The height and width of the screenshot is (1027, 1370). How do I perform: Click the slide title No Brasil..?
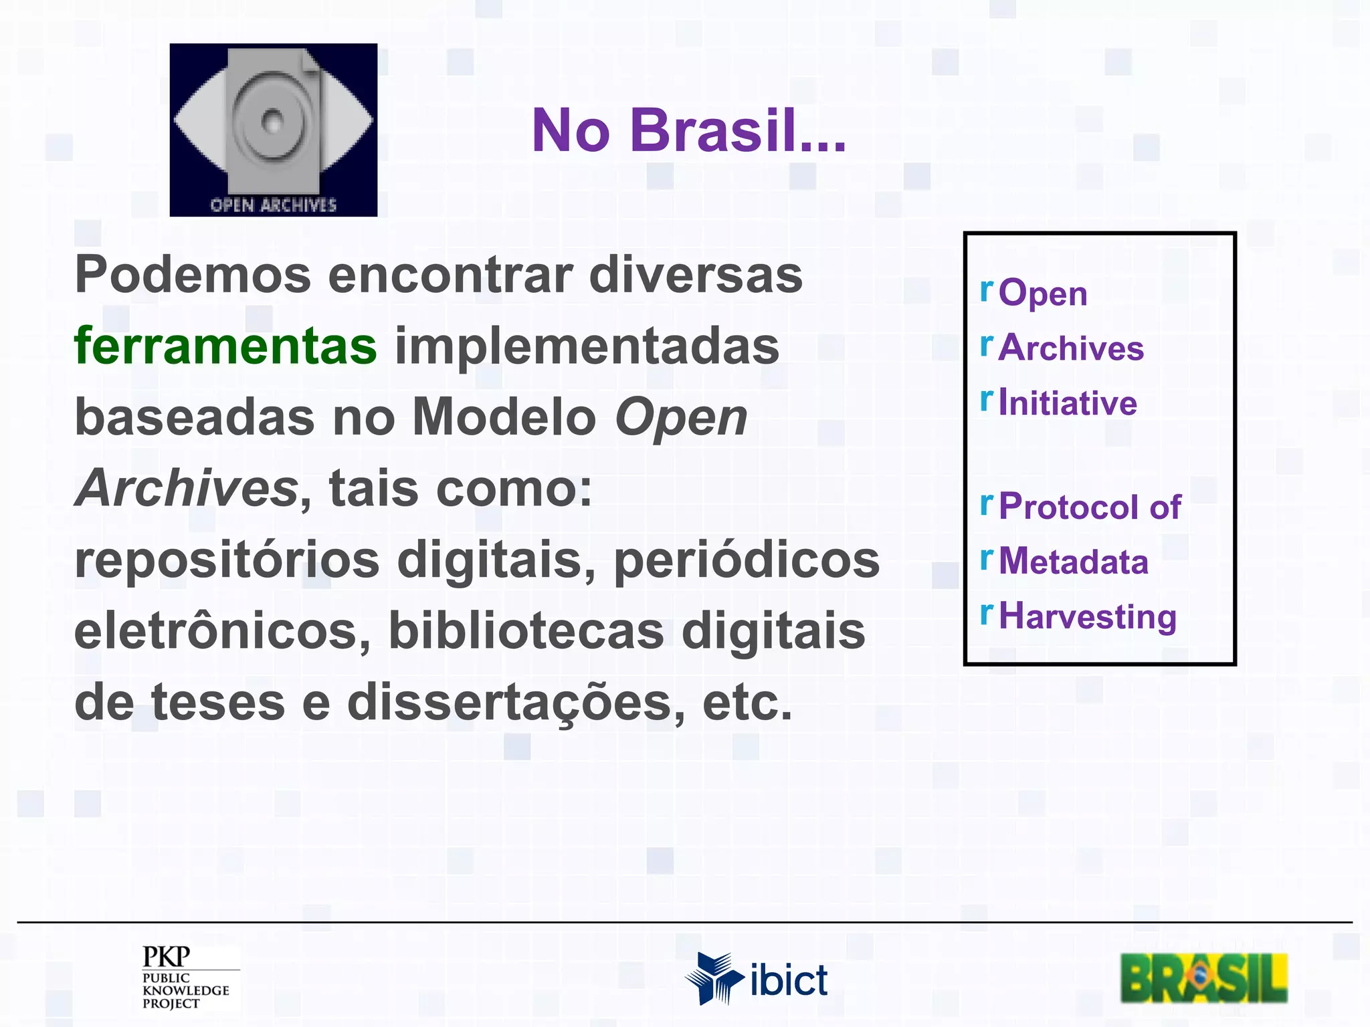(x=689, y=130)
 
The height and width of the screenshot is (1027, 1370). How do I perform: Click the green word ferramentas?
(x=225, y=346)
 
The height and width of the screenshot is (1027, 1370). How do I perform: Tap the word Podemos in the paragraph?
(x=193, y=275)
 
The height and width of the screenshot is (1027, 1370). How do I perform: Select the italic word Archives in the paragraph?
(x=187, y=488)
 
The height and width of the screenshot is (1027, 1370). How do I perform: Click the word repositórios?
(x=227, y=560)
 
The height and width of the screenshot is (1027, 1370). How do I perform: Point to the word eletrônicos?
(x=222, y=631)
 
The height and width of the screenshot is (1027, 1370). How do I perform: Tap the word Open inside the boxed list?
(x=1042, y=294)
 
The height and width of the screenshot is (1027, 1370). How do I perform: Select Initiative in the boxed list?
(x=1068, y=403)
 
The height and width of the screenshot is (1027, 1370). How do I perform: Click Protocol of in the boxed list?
(x=1090, y=506)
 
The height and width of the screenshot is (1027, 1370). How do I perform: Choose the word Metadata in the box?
(x=1073, y=562)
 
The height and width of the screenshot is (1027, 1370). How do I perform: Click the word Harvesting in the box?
(x=1087, y=616)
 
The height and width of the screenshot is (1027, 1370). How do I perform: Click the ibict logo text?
(x=789, y=981)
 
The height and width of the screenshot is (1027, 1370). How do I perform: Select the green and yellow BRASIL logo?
(x=1203, y=978)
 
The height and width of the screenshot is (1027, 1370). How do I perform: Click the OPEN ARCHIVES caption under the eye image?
(x=273, y=205)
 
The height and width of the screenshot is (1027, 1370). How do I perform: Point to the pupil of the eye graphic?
(x=272, y=122)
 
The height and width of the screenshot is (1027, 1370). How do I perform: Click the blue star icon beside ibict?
(x=713, y=978)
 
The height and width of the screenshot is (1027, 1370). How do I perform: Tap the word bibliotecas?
(x=526, y=631)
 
